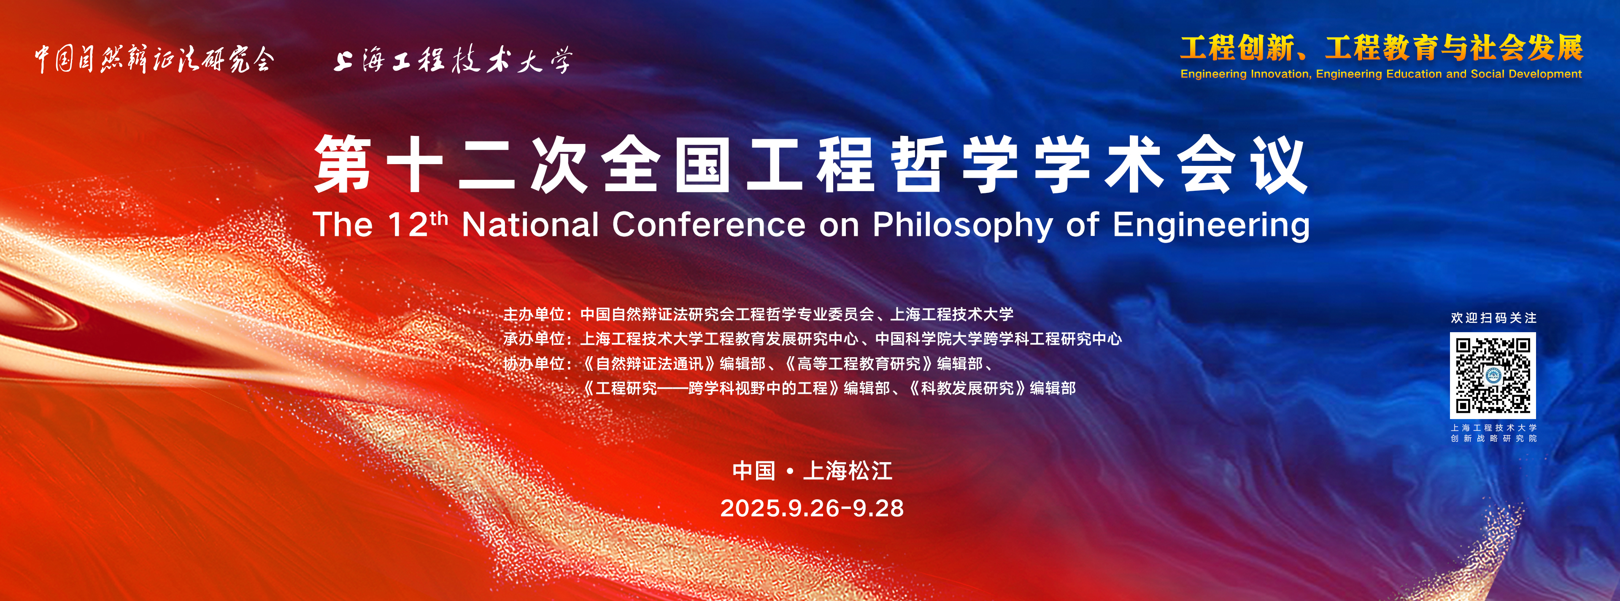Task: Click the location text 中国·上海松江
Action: coord(812,471)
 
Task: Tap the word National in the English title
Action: coord(530,225)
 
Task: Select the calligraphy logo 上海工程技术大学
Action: coord(453,60)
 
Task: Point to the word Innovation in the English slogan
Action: coord(1280,73)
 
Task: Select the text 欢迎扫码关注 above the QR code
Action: coord(1493,318)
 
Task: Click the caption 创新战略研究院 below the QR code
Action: coord(1493,439)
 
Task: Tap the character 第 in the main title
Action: coord(343,164)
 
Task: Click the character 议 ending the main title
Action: coord(1279,164)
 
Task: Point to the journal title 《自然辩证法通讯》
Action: coord(648,364)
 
